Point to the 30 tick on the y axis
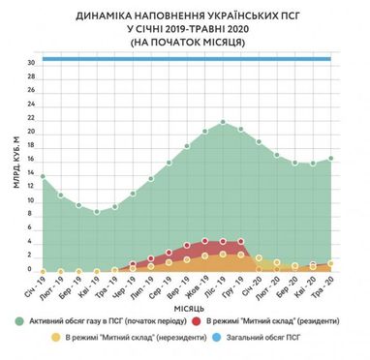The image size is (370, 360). point(31,63)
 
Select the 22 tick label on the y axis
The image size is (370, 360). point(31,118)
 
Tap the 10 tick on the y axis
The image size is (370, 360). point(31,201)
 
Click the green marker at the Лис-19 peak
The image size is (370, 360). point(223,122)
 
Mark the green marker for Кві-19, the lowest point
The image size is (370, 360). point(96,211)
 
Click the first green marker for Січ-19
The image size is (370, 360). point(42,176)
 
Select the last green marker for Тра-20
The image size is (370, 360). point(331,158)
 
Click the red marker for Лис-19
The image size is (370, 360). point(223,240)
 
